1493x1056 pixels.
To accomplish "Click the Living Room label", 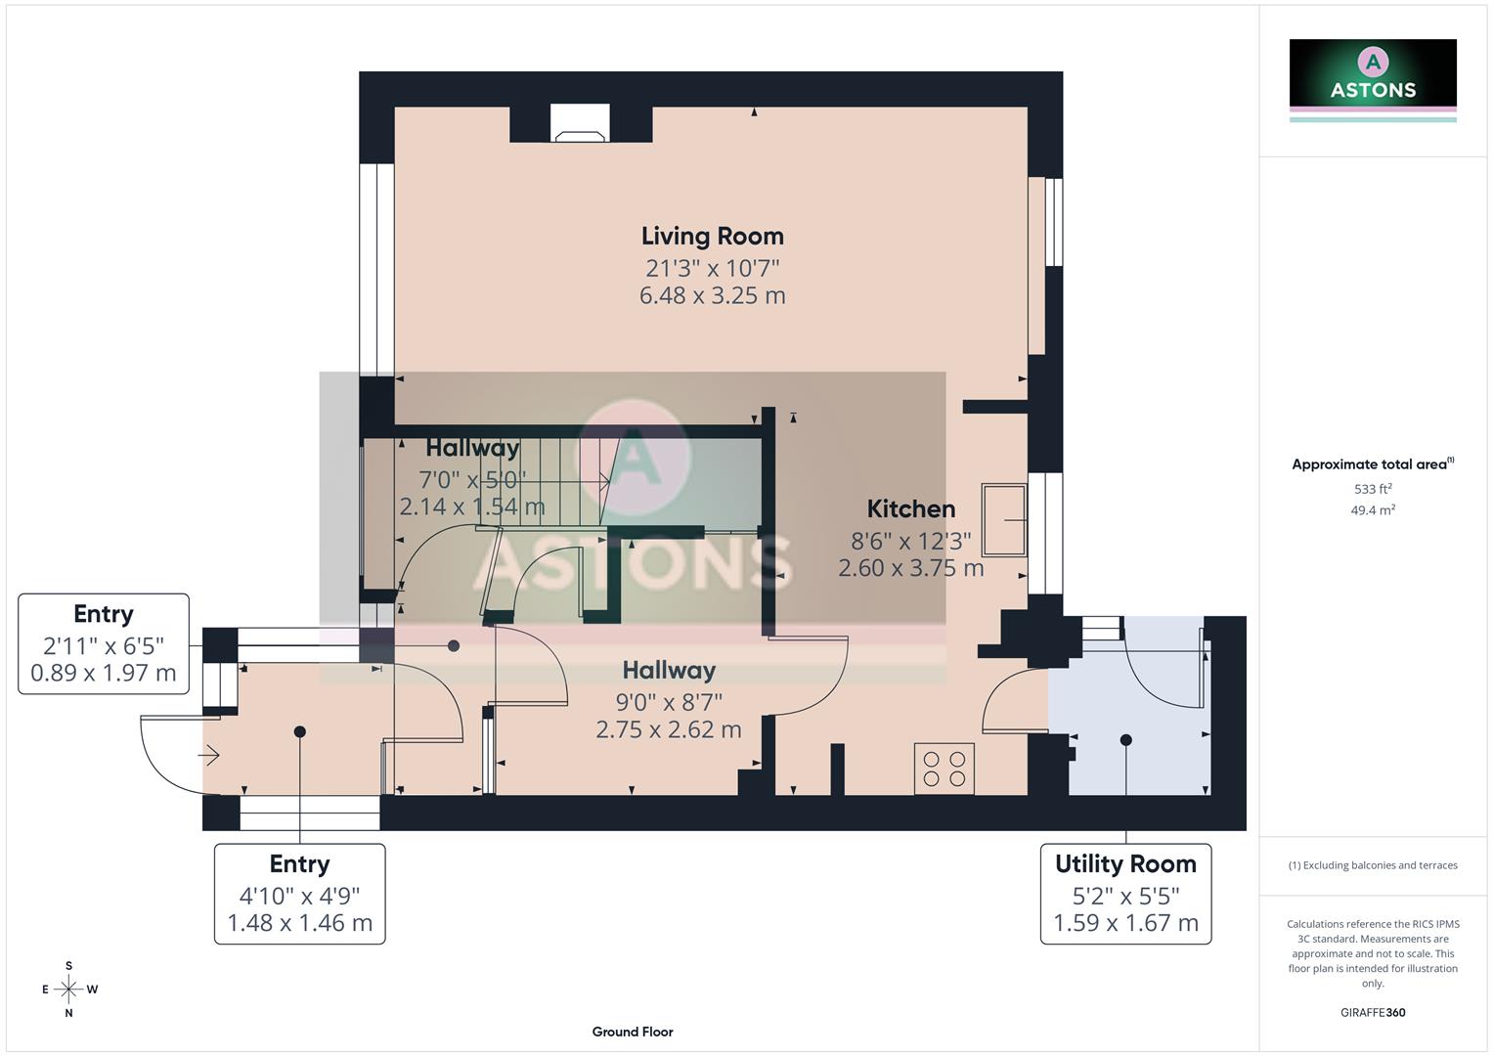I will [x=712, y=236].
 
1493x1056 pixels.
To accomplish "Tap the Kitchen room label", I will [x=910, y=508].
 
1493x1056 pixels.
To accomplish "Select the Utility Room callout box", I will [x=1125, y=894].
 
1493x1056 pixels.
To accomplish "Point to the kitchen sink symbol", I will [x=1004, y=519].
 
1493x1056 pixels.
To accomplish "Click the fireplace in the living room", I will [x=580, y=123].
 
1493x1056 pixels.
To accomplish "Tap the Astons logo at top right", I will [x=1373, y=77].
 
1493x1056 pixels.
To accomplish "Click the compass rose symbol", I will [x=68, y=990].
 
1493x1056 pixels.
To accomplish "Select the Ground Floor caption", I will [x=633, y=1032].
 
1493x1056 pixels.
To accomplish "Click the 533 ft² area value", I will [x=1373, y=489].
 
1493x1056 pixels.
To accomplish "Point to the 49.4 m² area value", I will [x=1373, y=510].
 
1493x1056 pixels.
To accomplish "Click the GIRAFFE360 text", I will [x=1373, y=1013].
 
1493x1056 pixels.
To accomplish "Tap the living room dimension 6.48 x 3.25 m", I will [x=712, y=295].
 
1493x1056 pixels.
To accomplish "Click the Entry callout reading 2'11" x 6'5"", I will [x=104, y=643].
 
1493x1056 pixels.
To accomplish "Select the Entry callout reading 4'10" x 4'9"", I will [x=299, y=894].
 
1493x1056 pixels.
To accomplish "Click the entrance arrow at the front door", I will [x=208, y=755].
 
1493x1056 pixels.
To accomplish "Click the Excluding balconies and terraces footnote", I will [x=1373, y=865].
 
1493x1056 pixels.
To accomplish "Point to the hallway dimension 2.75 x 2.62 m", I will [x=669, y=729].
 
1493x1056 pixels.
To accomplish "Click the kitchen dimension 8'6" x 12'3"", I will [x=910, y=541].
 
